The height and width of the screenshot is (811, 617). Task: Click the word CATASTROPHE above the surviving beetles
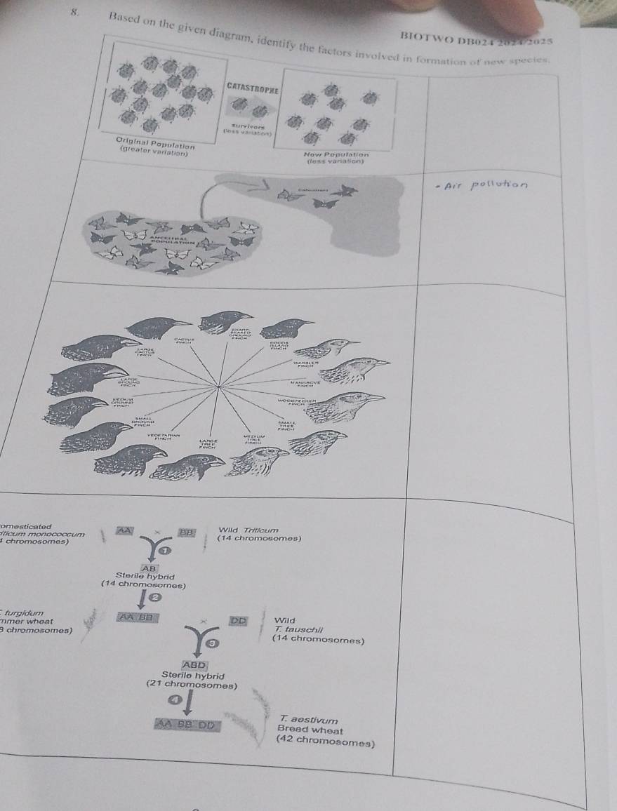click(x=253, y=88)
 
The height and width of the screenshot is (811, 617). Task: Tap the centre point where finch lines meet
click(x=220, y=385)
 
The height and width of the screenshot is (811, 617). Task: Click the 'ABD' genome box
click(x=194, y=664)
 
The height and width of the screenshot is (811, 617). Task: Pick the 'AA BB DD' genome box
click(x=187, y=724)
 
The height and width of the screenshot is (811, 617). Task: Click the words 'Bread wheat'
click(x=304, y=728)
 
